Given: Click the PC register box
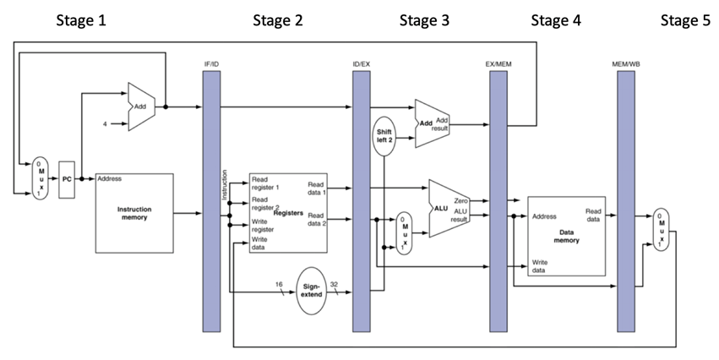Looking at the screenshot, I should pyautogui.click(x=68, y=179).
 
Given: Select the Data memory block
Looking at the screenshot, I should pyautogui.click(x=566, y=235).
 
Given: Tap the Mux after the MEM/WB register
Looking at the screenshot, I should pyautogui.click(x=661, y=229).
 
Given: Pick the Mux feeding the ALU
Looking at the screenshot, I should pyautogui.click(x=406, y=234).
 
